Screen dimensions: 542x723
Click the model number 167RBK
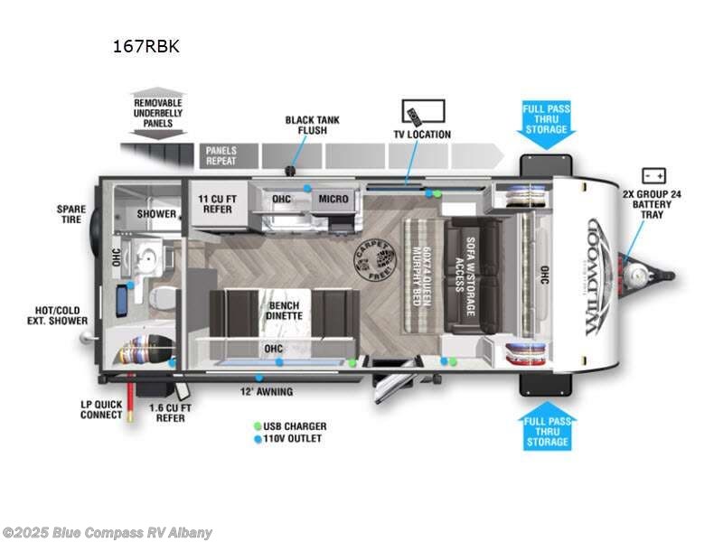click(146, 46)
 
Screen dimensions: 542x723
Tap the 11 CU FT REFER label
click(217, 203)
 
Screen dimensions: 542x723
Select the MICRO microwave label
click(333, 198)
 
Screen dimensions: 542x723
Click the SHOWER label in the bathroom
click(156, 214)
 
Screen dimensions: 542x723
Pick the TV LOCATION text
click(421, 135)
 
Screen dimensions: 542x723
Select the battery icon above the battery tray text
click(653, 176)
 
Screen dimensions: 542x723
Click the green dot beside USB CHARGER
click(258, 426)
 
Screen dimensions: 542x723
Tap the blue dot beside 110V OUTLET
click(258, 438)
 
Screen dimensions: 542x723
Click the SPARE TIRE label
click(70, 214)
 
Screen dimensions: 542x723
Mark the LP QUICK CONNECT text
click(101, 410)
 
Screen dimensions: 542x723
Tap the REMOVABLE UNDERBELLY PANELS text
click(158, 114)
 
